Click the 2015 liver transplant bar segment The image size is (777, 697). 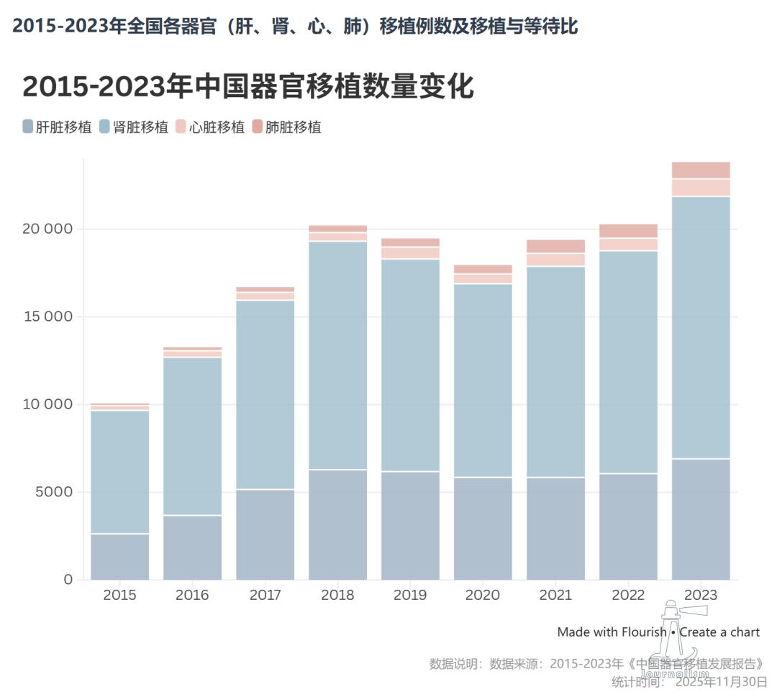pos(119,556)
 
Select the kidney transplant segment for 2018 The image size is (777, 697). pos(337,355)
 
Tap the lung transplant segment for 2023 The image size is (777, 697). pos(701,170)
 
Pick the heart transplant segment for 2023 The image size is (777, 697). pos(701,188)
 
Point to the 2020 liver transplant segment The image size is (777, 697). pos(483,528)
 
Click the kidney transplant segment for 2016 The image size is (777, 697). pos(192,436)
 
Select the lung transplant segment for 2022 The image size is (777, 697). pos(628,231)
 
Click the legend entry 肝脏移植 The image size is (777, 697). pos(57,127)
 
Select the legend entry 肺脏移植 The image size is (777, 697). pos(286,127)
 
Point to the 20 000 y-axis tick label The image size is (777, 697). pos(44,229)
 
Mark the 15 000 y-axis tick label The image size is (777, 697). pos(44,317)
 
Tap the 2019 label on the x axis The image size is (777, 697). pos(410,595)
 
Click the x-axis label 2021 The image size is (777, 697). pos(555,595)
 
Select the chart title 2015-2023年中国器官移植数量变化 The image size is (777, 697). pos(248,86)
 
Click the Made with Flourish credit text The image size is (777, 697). pos(612,632)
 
